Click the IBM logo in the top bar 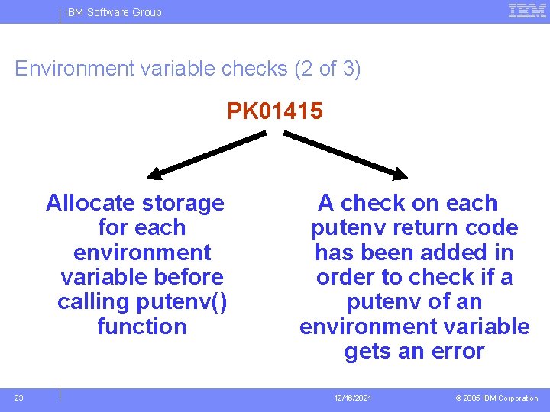(527, 11)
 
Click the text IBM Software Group (113, 12)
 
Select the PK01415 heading (275, 112)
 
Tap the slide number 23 (19, 398)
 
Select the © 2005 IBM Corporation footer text (497, 398)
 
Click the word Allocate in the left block (89, 203)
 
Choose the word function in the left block (142, 327)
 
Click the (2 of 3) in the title (327, 69)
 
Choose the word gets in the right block (367, 352)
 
